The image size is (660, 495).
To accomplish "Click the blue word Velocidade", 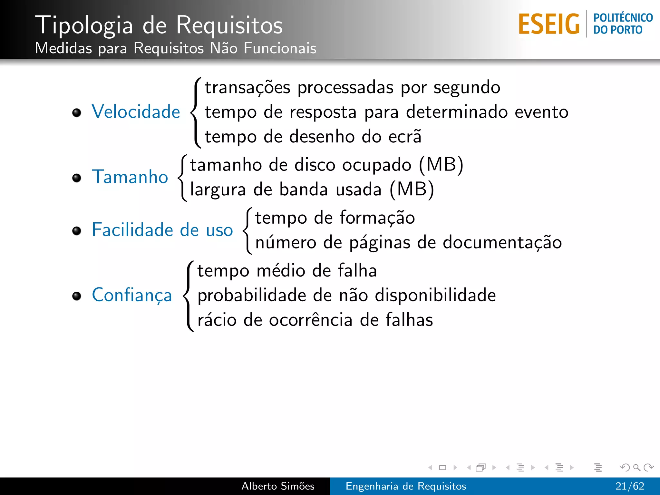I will coord(136,112).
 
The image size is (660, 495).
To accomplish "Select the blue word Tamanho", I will coord(130,177).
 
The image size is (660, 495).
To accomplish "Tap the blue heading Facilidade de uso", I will coord(162,230).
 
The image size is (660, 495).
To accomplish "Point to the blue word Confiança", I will coord(132,295).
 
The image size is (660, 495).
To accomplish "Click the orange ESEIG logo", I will coord(549,24).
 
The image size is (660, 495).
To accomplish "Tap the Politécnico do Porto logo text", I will coord(623,24).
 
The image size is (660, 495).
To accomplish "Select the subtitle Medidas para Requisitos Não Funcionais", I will coord(175,48).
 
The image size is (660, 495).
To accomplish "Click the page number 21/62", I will coord(630,486).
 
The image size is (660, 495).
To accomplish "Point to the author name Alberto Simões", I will coord(278,486).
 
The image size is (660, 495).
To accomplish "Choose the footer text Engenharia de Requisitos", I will coord(406,486).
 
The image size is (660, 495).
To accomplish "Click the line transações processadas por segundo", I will coord(353,87).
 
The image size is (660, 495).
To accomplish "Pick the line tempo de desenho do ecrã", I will coord(313,136).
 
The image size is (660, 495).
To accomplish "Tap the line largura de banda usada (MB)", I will coord(312,189).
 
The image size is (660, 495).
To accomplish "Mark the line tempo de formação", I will coord(335,218).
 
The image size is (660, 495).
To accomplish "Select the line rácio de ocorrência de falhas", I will coord(315,320).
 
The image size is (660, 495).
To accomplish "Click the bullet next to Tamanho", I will coord(77,178).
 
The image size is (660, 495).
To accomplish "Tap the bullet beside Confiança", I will coord(77,296).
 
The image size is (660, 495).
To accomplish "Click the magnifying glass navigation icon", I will coord(636,468).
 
